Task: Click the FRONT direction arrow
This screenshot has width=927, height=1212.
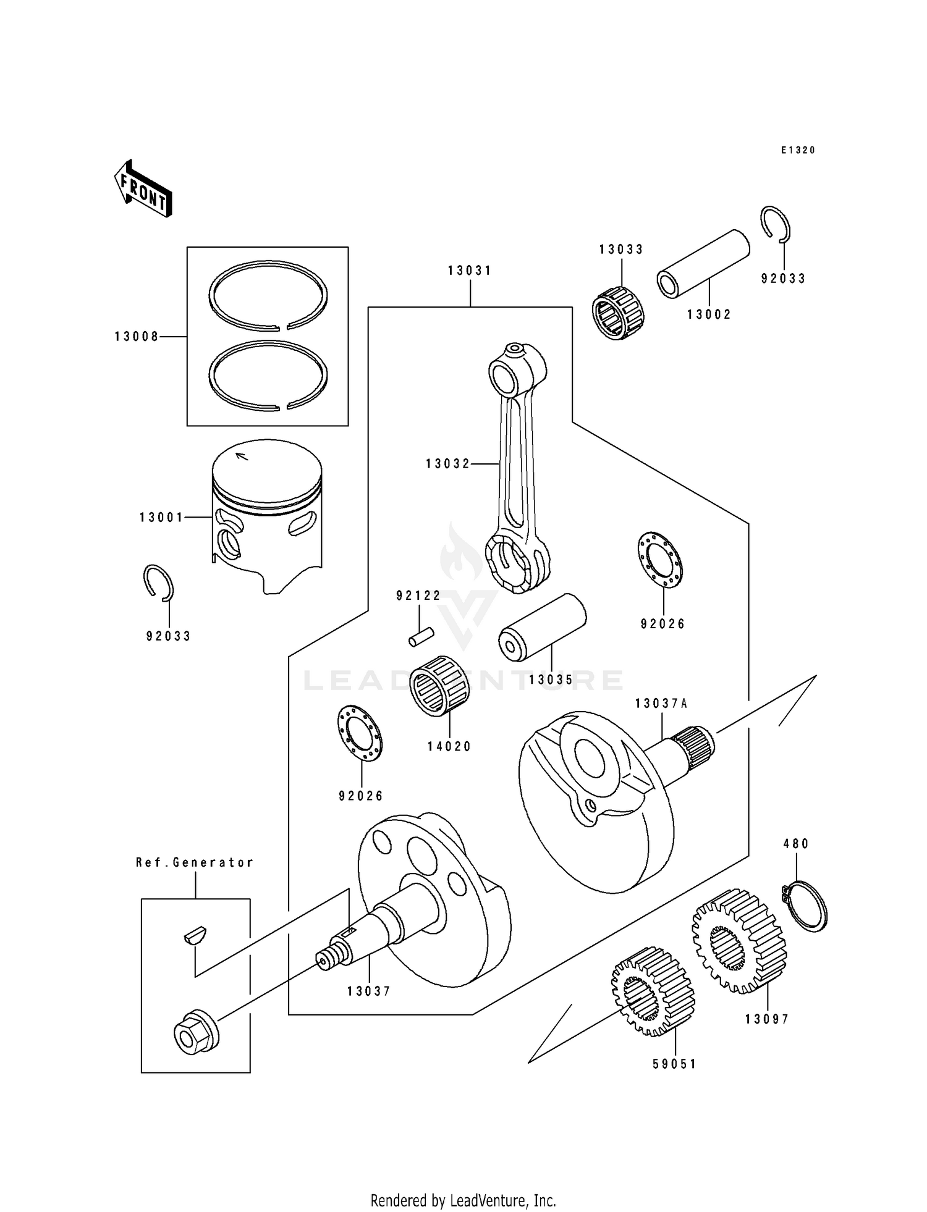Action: click(x=143, y=188)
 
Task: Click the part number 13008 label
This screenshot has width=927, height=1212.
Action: click(x=137, y=337)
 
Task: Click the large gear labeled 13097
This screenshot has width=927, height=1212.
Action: click(x=739, y=941)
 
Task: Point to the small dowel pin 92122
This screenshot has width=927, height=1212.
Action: click(x=421, y=637)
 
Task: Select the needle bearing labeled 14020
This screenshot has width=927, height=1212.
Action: click(x=439, y=685)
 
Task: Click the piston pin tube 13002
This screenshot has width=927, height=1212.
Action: click(x=703, y=263)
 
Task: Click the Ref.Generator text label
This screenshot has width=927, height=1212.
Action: click(x=195, y=862)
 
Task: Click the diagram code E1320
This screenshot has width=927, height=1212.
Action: click(x=797, y=150)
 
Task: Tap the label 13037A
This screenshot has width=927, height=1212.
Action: click(x=661, y=704)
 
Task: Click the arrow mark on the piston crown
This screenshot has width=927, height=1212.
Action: click(x=242, y=457)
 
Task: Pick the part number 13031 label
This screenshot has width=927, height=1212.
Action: click(x=470, y=271)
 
